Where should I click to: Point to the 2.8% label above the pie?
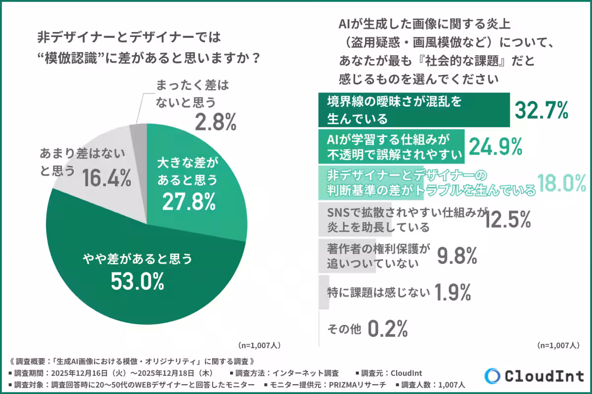216,123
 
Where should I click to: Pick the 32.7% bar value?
542,111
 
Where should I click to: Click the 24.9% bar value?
495,146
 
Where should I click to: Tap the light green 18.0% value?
561,183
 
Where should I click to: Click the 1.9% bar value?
452,293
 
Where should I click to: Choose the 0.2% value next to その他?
388,328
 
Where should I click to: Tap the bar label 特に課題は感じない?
378,293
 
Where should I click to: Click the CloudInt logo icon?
492,376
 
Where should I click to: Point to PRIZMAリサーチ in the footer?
359,384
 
